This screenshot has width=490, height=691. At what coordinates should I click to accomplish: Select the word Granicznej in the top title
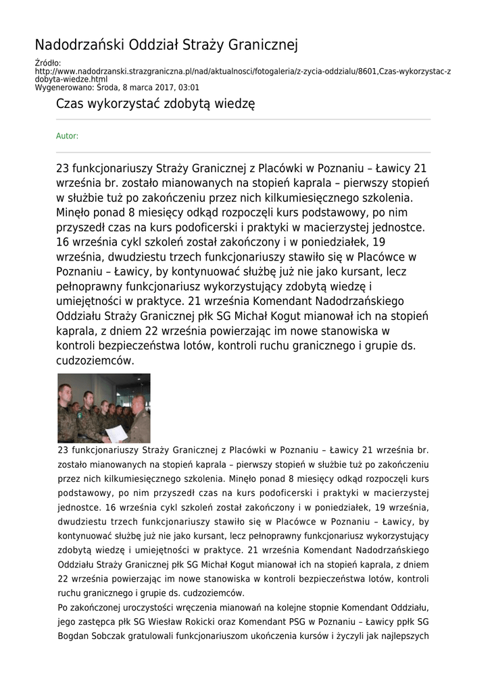coord(264,45)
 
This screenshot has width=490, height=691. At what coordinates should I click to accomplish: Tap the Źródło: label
coord(48,63)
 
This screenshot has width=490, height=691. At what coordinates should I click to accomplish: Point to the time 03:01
coord(189,87)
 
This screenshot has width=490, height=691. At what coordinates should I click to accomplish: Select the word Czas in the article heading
coord(68,104)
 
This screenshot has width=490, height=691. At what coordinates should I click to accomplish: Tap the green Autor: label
coord(67,136)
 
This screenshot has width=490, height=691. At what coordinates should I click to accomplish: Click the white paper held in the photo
coord(116,432)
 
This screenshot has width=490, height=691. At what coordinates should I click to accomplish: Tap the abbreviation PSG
coord(308,621)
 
